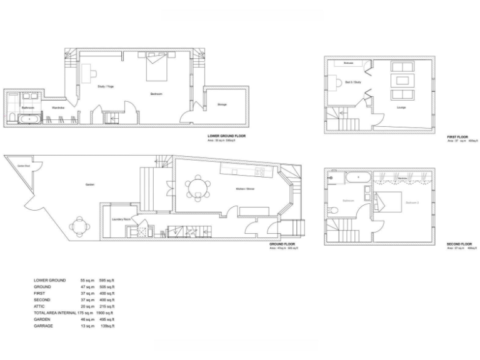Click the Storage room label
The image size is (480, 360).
coord(222,104)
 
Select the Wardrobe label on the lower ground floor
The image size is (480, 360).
coord(57,107)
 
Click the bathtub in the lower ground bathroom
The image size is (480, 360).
coord(28,117)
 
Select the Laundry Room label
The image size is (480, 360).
coord(121,219)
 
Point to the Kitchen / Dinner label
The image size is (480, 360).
coord(245,188)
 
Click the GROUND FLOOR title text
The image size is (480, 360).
coord(282,244)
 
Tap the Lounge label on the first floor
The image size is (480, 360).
coord(401,108)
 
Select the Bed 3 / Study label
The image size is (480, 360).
coord(353,82)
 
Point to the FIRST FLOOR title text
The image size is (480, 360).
coord(457,137)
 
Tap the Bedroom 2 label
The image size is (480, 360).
coord(412,202)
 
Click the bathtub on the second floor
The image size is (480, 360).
coord(357,177)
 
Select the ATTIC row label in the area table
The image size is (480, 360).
coord(39,306)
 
